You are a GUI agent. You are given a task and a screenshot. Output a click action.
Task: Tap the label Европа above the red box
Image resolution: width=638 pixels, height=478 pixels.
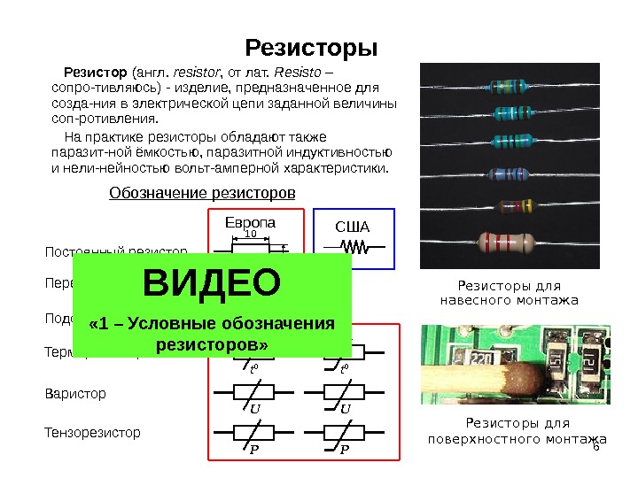[251, 221]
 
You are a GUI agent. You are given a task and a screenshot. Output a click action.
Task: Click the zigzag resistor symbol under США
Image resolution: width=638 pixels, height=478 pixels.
[354, 247]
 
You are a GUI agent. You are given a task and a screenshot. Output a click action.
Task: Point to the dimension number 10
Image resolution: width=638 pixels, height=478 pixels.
[251, 235]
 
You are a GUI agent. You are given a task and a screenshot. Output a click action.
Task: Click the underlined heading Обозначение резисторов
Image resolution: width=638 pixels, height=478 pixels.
[201, 192]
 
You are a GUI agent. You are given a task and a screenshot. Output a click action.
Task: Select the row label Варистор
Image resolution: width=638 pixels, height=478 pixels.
[75, 393]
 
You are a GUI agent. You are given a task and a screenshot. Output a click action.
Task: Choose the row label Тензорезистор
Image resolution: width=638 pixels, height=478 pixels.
[92, 433]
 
